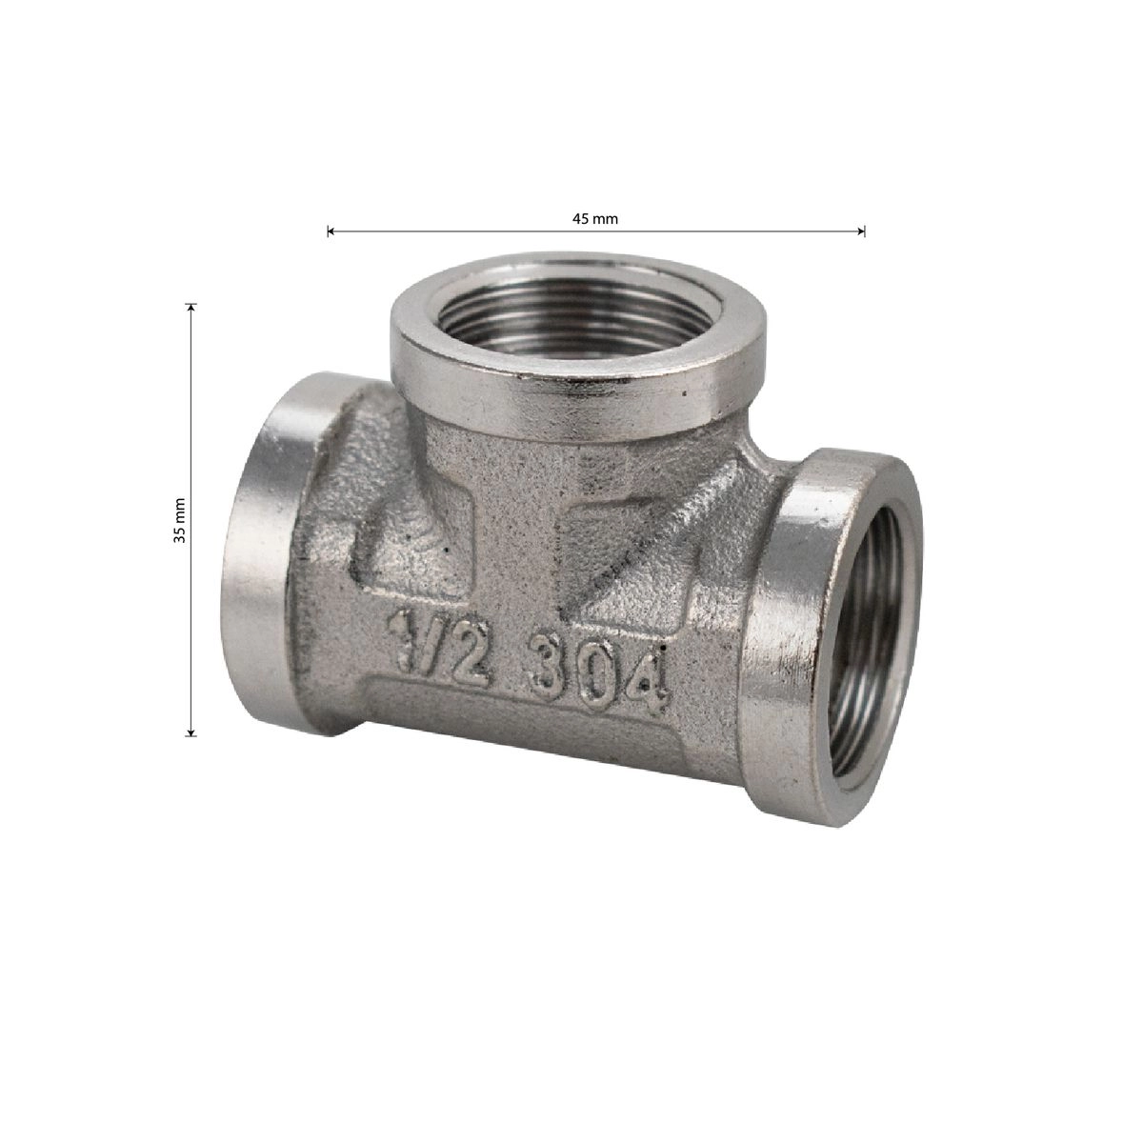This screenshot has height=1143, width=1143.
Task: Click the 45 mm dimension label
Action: pos(594,219)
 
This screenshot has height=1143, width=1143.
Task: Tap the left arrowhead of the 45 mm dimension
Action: pos(331,231)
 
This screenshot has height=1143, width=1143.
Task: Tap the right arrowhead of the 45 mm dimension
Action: pos(861,231)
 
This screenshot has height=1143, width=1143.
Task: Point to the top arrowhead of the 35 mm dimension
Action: pos(190,307)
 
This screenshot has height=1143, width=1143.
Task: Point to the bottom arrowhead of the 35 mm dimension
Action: pos(190,732)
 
